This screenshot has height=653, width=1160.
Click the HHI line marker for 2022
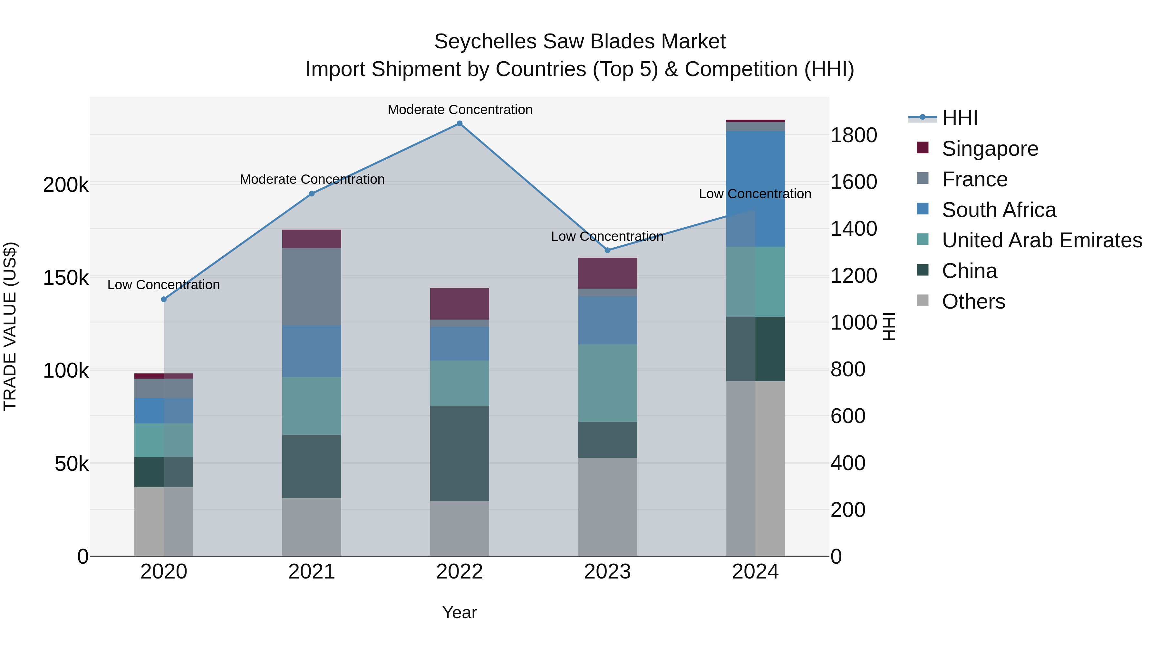(459, 124)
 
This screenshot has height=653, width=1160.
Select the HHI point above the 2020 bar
(164, 299)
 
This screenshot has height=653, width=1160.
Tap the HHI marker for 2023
(607, 250)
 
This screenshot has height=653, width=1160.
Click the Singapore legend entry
(990, 149)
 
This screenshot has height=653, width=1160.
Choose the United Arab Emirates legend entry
(1041, 240)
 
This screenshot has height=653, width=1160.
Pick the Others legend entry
(973, 302)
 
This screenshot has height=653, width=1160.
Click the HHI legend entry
(959, 118)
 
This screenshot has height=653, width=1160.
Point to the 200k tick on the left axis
(66, 185)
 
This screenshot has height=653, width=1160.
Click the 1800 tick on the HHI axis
(853, 135)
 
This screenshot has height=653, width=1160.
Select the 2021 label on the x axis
(312, 572)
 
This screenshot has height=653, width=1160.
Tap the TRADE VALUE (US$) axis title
(10, 326)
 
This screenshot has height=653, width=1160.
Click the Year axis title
(459, 612)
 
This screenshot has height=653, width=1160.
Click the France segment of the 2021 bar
(312, 287)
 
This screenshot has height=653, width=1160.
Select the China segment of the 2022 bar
(459, 453)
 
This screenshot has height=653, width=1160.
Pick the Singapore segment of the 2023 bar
(607, 273)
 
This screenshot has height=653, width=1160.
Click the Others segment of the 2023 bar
(607, 507)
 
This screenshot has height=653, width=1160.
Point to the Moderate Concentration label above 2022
(460, 110)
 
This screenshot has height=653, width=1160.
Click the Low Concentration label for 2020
(163, 285)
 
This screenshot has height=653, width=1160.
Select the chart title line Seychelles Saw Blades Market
(580, 42)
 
